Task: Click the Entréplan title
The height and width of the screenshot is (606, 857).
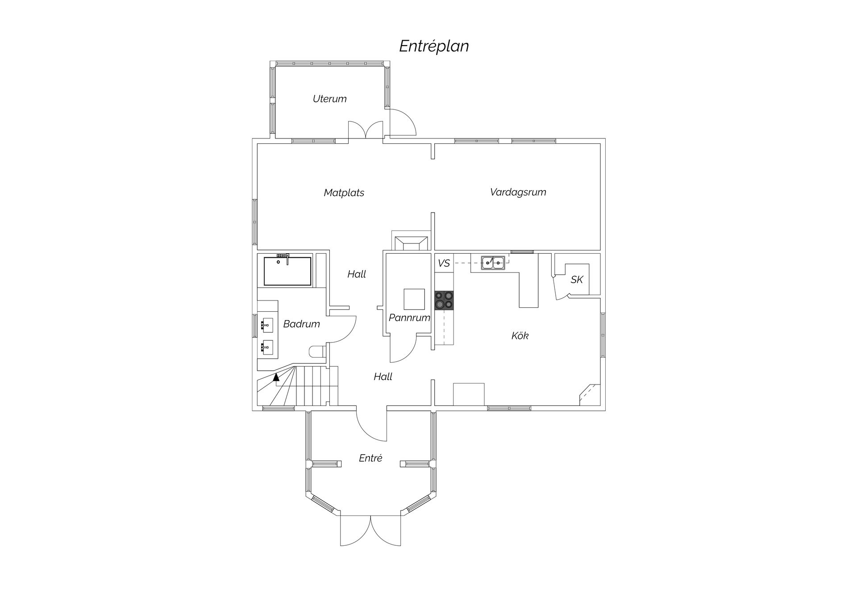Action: click(434, 46)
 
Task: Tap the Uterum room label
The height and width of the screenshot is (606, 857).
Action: click(329, 99)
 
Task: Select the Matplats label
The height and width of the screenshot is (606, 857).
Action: click(344, 193)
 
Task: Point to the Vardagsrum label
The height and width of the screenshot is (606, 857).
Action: click(518, 192)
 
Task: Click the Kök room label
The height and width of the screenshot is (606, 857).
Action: click(520, 335)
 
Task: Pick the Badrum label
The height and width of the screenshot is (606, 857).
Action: click(302, 324)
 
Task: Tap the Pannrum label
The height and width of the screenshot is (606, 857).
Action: click(409, 318)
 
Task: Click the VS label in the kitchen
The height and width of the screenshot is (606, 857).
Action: click(444, 263)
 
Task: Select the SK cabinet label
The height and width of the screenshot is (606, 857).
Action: click(577, 280)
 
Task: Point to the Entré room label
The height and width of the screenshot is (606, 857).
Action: click(370, 458)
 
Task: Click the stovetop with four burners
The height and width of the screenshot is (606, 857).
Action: click(444, 300)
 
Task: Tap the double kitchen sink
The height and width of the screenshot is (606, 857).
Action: click(493, 263)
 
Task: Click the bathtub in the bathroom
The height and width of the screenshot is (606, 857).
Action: click(287, 271)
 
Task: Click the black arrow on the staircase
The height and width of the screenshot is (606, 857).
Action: click(276, 377)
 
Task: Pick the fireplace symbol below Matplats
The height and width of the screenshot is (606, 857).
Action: click(411, 241)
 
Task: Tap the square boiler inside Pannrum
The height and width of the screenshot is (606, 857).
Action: click(414, 299)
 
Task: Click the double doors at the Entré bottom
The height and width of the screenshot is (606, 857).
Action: click(370, 530)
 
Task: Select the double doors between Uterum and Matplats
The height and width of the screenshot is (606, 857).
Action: click(366, 130)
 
